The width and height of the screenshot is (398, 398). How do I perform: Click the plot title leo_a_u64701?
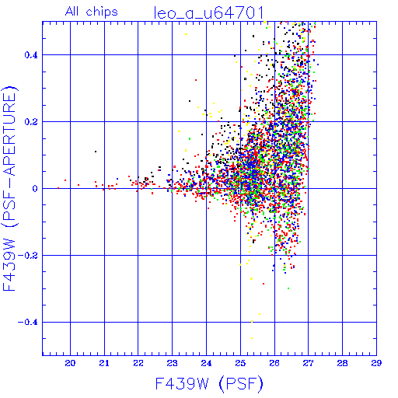(209, 13)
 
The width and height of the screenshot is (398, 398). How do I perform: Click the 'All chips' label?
(92, 12)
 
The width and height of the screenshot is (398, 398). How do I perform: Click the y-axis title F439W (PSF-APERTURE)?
(9, 189)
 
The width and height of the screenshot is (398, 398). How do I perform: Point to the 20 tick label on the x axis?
(70, 363)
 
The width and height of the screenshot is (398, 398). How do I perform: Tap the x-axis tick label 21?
(104, 363)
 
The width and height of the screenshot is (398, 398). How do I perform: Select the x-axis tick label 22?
(138, 363)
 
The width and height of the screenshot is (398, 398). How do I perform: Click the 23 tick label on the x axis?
(172, 363)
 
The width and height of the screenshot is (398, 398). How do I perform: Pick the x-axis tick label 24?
(206, 363)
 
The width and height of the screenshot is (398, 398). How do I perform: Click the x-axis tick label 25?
(240, 363)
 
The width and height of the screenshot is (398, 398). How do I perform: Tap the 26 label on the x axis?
(274, 363)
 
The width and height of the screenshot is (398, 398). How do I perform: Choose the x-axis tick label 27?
(309, 363)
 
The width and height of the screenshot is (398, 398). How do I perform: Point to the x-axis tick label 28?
(342, 363)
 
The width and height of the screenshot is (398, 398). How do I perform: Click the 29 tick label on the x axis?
(376, 363)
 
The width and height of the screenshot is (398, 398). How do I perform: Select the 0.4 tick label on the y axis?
(31, 55)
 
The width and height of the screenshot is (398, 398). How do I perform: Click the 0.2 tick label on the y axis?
(31, 122)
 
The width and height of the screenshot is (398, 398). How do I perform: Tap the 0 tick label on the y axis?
(35, 189)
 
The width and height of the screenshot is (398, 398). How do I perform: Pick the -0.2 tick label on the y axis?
(28, 256)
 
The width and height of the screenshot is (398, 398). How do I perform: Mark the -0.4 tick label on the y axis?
(28, 323)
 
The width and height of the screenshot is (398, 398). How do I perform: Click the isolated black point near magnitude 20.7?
(96, 152)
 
